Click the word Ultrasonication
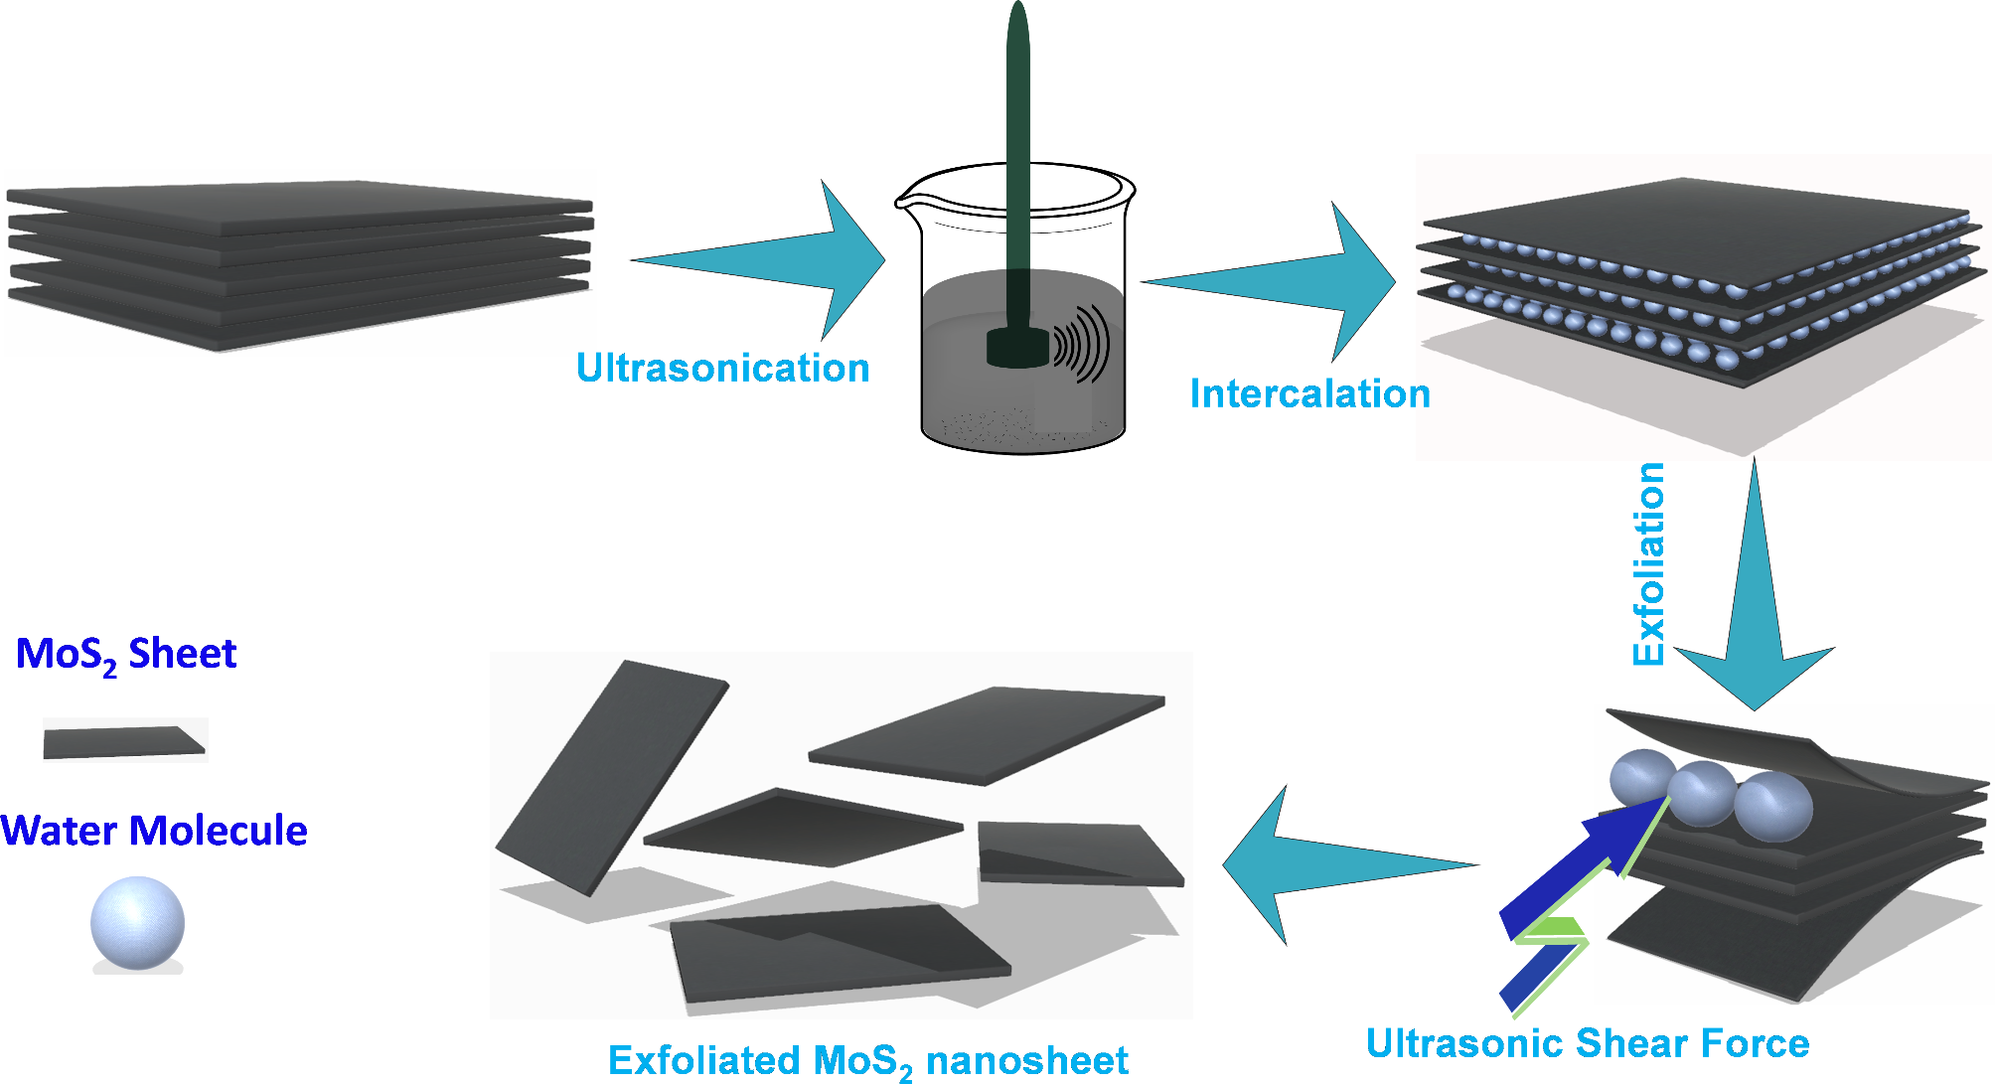[722, 369]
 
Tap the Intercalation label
[1309, 394]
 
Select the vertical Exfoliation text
[1649, 563]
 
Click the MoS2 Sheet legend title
[126, 655]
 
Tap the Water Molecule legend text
[154, 831]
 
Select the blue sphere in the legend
[137, 922]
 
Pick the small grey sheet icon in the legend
[123, 741]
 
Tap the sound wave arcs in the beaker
[1083, 344]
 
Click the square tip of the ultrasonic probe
[1017, 348]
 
